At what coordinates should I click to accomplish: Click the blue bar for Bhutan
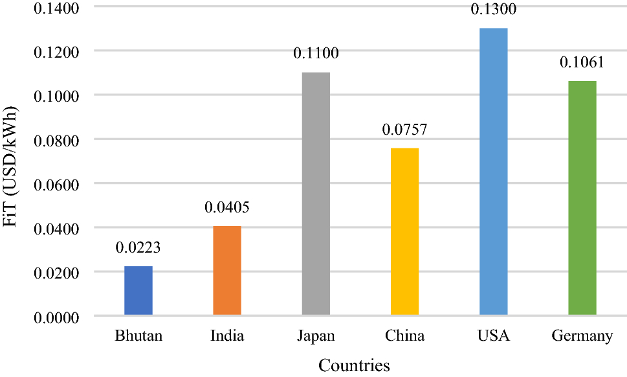tap(138, 291)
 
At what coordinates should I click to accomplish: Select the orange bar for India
tap(227, 271)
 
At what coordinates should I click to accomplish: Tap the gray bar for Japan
tap(316, 194)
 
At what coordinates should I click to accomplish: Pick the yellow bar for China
tap(404, 231)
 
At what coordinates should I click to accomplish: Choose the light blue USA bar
tap(494, 171)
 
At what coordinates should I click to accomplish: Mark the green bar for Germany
tap(582, 198)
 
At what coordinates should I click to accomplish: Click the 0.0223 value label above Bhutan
tap(138, 247)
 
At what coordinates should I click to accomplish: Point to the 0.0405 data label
tap(226, 207)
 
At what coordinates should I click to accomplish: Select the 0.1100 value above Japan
tap(316, 53)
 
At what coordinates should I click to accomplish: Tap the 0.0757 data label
tap(404, 130)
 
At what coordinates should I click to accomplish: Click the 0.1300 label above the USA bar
tap(494, 9)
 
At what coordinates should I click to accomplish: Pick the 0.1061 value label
tap(582, 62)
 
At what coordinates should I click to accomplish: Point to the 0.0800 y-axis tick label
tap(56, 141)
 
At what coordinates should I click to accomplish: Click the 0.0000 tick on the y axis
tap(56, 318)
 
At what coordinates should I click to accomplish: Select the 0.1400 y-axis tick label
tap(56, 8)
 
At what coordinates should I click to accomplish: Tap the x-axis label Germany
tap(582, 336)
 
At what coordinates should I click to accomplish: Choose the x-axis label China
tap(404, 336)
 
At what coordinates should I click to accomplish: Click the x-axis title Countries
tap(354, 365)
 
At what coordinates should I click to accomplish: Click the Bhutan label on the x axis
tap(138, 336)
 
